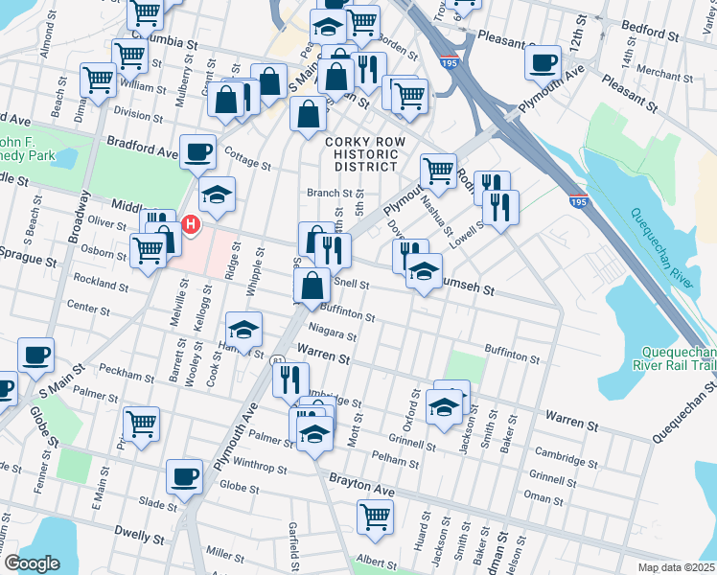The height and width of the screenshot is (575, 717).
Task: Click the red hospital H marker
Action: [191, 225]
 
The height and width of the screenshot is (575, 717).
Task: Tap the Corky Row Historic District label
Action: [360, 154]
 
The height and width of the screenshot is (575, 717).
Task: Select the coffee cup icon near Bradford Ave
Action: [198, 150]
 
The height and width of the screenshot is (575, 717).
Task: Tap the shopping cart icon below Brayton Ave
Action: [375, 517]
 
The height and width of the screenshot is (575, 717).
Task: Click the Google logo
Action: [32, 563]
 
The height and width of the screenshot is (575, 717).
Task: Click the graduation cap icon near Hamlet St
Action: [244, 330]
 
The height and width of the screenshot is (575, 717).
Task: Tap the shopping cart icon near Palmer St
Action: [141, 424]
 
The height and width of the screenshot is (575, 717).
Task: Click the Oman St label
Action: [544, 496]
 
